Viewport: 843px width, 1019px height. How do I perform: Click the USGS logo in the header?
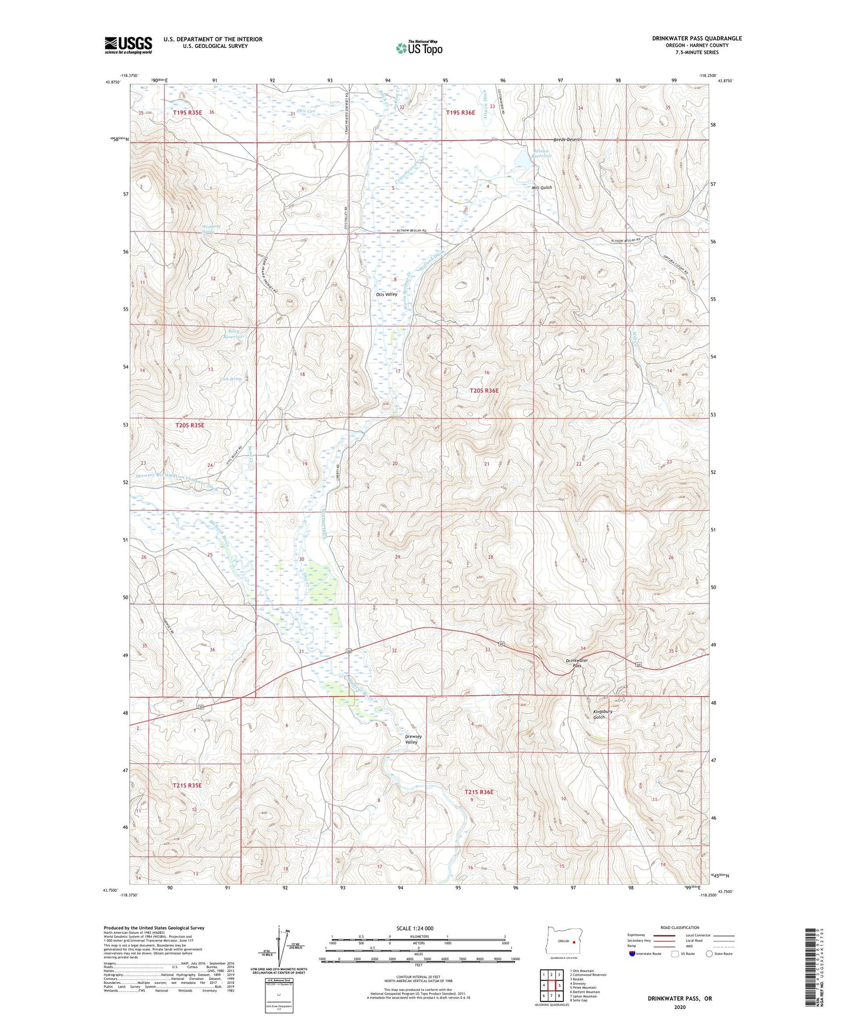128,45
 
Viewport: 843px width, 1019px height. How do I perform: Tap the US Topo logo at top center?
418,47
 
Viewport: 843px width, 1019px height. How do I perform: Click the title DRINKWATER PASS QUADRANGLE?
697,39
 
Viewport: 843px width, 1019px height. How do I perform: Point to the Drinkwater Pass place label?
576,663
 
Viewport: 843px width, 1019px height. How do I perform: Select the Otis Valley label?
387,295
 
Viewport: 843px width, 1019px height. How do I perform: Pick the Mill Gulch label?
541,188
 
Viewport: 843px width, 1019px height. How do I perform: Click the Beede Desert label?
566,140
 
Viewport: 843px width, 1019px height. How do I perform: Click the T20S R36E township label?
484,390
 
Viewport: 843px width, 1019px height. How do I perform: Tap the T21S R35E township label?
187,786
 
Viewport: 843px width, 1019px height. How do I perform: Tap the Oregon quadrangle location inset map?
563,941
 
